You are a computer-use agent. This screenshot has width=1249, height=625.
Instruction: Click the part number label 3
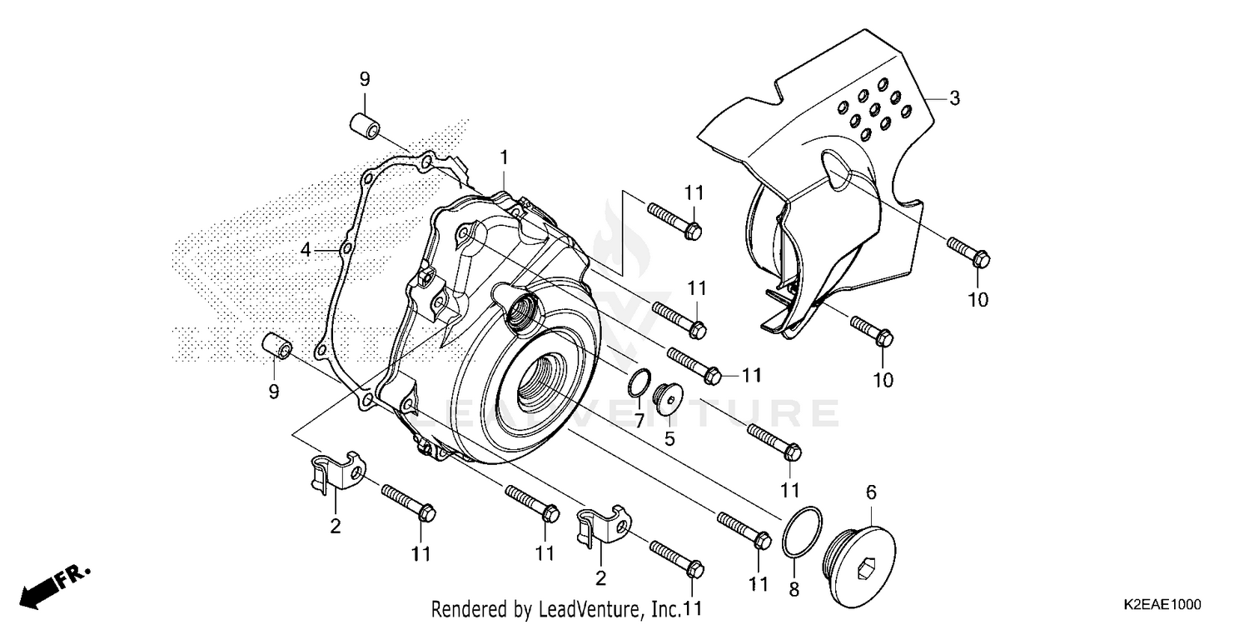click(954, 98)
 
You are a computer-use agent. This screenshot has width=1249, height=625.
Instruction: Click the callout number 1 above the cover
click(504, 157)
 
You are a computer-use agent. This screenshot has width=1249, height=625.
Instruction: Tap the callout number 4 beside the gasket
click(306, 249)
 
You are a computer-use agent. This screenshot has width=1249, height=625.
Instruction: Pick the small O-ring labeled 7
click(637, 382)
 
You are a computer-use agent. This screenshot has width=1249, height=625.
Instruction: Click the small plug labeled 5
click(667, 397)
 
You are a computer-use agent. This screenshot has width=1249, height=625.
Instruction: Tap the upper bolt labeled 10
click(968, 250)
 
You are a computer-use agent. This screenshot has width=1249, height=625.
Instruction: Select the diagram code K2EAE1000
click(1161, 603)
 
